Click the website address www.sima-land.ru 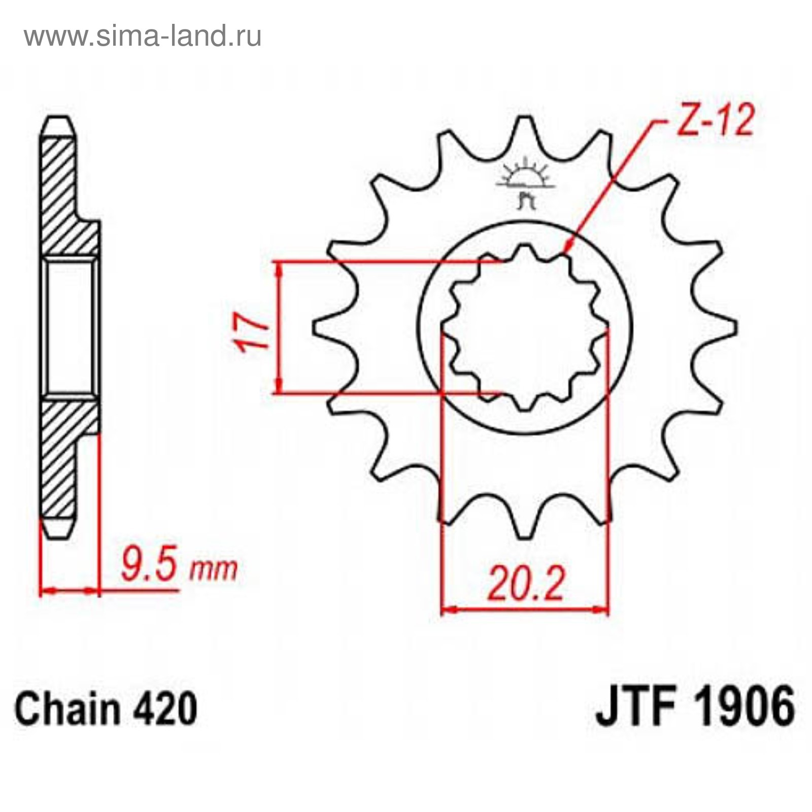click(143, 36)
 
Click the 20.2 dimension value click(526, 584)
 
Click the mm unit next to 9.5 click(214, 569)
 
